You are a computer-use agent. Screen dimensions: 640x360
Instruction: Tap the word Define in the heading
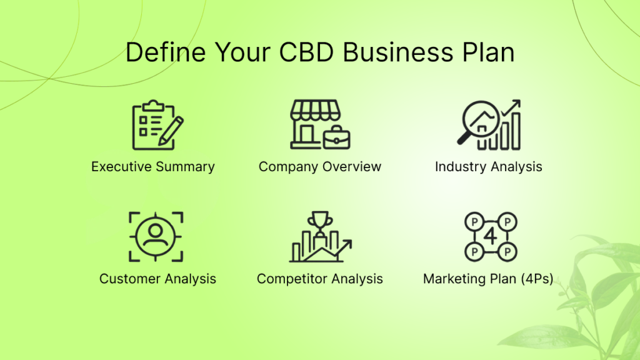[x=166, y=52]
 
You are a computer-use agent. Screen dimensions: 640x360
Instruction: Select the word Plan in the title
[x=488, y=52]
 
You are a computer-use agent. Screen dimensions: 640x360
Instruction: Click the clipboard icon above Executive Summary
[x=157, y=125]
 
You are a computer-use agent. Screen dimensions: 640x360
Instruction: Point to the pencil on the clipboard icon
[x=171, y=131]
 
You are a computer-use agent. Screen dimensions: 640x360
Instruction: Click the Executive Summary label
[x=153, y=166]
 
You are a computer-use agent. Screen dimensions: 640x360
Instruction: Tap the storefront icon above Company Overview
[x=320, y=124]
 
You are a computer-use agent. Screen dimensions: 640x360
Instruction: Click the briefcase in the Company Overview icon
[x=336, y=138]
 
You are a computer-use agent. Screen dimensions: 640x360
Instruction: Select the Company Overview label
[x=320, y=166]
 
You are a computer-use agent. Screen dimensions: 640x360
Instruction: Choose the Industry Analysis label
[x=489, y=166]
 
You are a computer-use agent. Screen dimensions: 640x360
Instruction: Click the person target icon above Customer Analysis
[x=156, y=237]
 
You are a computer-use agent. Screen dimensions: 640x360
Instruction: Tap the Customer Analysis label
[x=157, y=279]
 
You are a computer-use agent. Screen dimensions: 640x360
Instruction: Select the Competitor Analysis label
[x=320, y=279]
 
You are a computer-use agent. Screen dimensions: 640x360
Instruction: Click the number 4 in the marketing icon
[x=491, y=236]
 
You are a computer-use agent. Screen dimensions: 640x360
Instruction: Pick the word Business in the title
[x=398, y=52]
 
